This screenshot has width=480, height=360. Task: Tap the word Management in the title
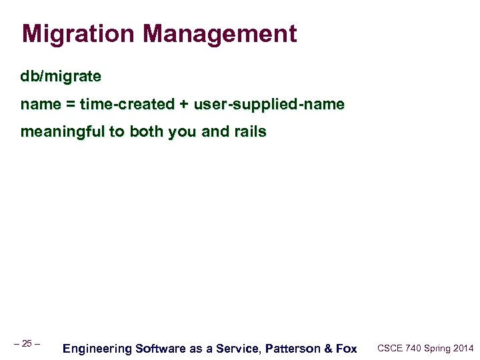(x=219, y=34)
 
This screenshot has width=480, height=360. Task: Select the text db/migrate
(x=61, y=77)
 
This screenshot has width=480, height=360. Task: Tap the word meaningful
(x=63, y=132)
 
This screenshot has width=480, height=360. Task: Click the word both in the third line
(x=147, y=132)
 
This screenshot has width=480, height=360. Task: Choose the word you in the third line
(x=182, y=132)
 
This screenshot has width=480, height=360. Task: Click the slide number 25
(x=27, y=343)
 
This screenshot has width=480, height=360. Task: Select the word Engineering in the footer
(x=97, y=348)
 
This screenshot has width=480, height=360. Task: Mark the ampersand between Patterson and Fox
(x=331, y=348)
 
